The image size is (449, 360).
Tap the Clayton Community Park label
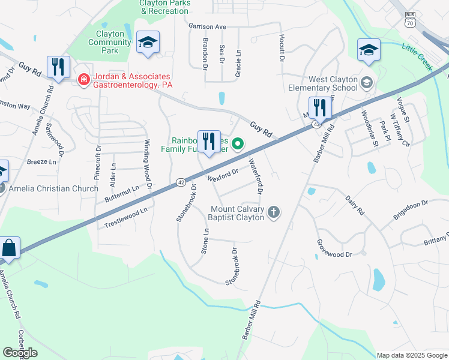pos(109,42)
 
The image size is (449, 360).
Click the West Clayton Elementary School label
pos(333,84)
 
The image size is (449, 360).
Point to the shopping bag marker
pos(10,248)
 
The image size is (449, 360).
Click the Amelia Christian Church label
pos(53,189)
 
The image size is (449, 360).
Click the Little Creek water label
pos(417,56)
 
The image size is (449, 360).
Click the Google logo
pos(20,352)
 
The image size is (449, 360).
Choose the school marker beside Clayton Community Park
pos(148,43)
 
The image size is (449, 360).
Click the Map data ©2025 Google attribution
pos(412,355)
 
